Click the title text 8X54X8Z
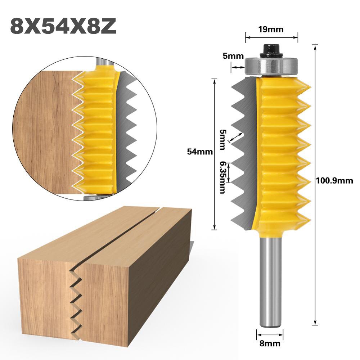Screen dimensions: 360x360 63,26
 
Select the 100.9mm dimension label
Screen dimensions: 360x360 334,181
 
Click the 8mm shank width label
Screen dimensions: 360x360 270,343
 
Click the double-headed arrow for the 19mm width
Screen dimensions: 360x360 271,36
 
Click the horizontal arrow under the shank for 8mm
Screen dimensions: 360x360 270,334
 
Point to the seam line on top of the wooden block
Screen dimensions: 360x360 119,234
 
